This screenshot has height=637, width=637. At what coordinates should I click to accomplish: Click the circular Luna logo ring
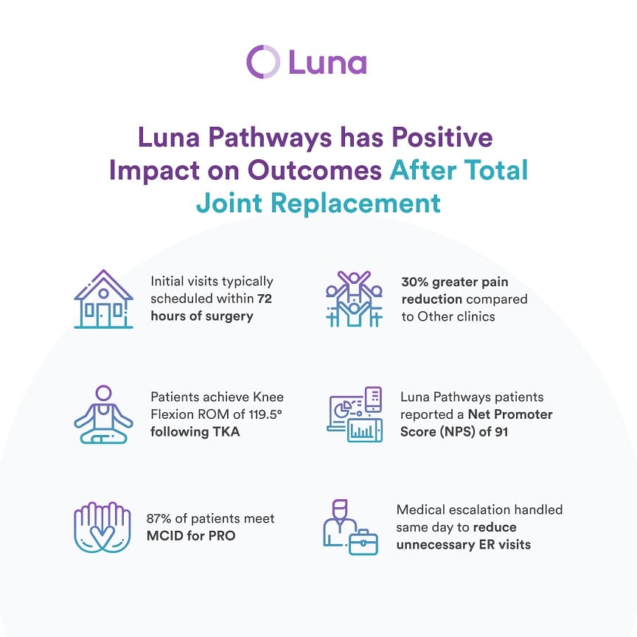tap(248, 62)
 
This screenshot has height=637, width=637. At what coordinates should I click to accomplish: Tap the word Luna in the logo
tap(327, 62)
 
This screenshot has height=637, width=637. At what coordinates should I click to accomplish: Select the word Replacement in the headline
tap(355, 203)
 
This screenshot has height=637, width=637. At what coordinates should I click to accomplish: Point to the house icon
tap(104, 299)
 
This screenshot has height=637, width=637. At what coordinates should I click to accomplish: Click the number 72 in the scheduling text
tap(265, 299)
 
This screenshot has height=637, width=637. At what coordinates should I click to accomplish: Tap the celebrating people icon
tap(354, 299)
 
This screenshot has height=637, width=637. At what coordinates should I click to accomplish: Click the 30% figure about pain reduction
tap(415, 282)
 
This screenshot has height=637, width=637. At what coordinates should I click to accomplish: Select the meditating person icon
tap(104, 414)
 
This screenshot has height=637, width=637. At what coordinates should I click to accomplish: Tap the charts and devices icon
tap(354, 414)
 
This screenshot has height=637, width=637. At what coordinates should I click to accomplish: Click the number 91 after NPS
tap(501, 431)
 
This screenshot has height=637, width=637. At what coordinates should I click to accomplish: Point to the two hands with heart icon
tap(102, 527)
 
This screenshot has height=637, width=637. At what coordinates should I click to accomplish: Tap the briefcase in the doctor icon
tap(363, 542)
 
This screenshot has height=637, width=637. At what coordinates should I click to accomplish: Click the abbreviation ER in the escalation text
tap(487, 544)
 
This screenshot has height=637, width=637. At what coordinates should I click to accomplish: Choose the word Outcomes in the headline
tap(315, 170)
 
